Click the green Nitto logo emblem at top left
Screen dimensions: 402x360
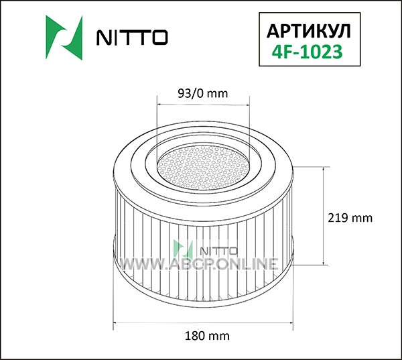[64, 38]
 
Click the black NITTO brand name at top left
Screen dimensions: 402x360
[132, 38]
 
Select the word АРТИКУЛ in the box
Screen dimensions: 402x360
[309, 32]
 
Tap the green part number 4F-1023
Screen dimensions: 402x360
[307, 52]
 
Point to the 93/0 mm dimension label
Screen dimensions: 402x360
[202, 94]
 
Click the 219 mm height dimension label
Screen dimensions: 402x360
[350, 218]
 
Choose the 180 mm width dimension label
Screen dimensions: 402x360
[207, 336]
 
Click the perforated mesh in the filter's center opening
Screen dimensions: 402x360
[203, 168]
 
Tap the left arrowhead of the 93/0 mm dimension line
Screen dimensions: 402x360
[159, 105]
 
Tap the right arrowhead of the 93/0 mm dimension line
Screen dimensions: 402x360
[247, 105]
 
